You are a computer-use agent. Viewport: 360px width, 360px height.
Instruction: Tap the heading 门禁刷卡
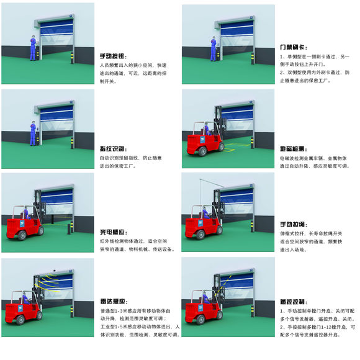pyautogui.click(x=294, y=47)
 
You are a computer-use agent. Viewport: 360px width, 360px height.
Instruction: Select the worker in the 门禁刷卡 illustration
pyautogui.click(x=214, y=50)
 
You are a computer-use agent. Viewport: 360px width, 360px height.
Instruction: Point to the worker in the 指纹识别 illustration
pyautogui.click(x=32, y=133)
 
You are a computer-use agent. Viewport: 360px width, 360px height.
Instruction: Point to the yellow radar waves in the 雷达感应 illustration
pyautogui.click(x=45, y=287)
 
